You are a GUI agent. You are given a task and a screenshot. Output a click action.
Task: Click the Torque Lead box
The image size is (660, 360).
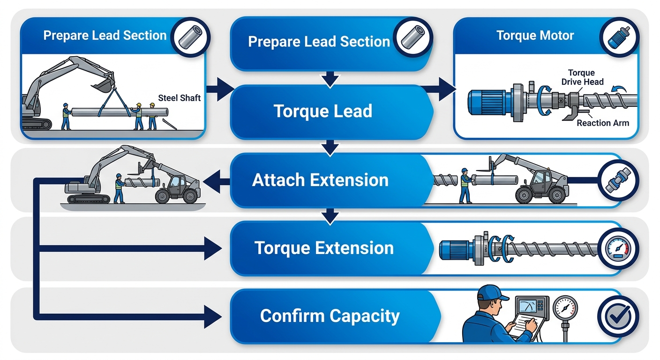pyautogui.click(x=322, y=112)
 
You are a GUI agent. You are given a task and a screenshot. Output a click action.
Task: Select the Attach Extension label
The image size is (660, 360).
pyautogui.click(x=320, y=180)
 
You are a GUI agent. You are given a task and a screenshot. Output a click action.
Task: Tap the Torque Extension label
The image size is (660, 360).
pyautogui.click(x=324, y=248)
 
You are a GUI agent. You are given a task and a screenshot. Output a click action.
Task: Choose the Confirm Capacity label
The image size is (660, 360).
pyautogui.click(x=330, y=316)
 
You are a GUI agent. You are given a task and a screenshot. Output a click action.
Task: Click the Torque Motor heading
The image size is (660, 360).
pyautogui.click(x=535, y=36)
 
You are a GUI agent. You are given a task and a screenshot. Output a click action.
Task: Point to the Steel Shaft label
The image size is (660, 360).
pyautogui.click(x=180, y=98)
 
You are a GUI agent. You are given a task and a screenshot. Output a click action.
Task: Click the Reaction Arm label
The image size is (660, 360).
pyautogui.click(x=603, y=123)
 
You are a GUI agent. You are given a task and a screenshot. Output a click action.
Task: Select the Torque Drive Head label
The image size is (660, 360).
pyautogui.click(x=582, y=77)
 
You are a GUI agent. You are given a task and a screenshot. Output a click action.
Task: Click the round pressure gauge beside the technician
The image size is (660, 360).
pyautogui.click(x=565, y=309)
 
